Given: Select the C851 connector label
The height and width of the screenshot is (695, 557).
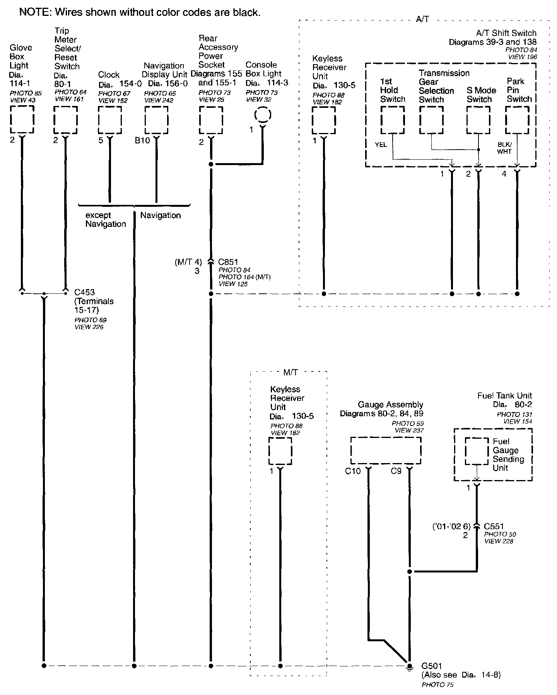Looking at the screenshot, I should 228,262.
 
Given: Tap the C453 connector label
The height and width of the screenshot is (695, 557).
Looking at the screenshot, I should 84,292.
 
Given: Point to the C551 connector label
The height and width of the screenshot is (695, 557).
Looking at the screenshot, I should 494,526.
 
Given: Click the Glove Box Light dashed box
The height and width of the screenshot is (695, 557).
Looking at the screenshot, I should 22,119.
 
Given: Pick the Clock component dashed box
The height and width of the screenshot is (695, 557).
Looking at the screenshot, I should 110,119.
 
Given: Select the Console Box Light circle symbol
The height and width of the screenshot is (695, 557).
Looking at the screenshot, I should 263,115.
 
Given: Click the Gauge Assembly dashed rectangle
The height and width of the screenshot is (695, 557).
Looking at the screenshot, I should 386,450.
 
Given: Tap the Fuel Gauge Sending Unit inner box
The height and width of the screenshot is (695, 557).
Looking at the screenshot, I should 477,451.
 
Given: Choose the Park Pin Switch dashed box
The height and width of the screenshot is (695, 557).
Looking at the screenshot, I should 517,119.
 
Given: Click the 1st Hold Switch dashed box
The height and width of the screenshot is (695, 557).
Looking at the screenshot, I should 393,119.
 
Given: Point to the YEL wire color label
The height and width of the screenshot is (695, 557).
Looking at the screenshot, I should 381,145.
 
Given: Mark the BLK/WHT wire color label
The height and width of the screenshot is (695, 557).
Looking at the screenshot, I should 504,148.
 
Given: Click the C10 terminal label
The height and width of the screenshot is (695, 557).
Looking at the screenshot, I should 353,471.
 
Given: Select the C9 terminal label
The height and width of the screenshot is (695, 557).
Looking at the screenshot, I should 396,471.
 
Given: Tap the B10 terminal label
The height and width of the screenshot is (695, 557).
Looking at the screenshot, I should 142,141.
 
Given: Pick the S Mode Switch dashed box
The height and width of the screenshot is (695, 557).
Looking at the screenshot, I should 478,119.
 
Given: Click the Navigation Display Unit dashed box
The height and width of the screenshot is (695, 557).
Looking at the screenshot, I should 156,119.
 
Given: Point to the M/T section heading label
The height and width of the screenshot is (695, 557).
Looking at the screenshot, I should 290,372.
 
